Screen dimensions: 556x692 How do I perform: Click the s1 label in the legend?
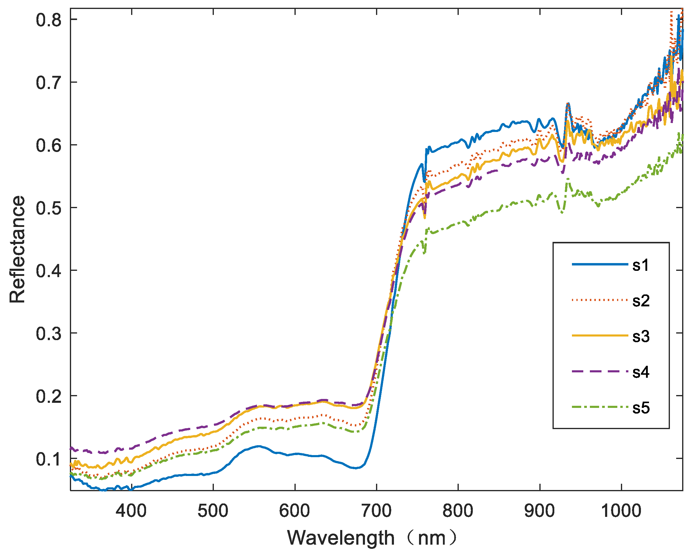641,265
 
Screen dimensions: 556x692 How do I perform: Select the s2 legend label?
641,301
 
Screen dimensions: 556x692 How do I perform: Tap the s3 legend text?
641,337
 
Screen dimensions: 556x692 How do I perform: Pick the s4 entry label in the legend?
641,372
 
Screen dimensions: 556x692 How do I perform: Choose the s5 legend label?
641,408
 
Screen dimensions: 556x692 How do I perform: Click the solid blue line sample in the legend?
599,264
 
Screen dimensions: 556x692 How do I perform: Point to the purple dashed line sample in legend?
599,371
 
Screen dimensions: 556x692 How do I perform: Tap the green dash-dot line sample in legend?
599,407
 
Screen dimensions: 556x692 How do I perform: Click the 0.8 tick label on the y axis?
48,20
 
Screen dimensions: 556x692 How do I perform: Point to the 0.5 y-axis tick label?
48,208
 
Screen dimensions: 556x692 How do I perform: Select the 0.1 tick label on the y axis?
48,460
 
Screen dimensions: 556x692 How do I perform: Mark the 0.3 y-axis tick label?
48,334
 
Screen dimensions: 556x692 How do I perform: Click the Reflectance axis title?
17,249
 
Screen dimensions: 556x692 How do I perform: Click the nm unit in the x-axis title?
432,538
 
